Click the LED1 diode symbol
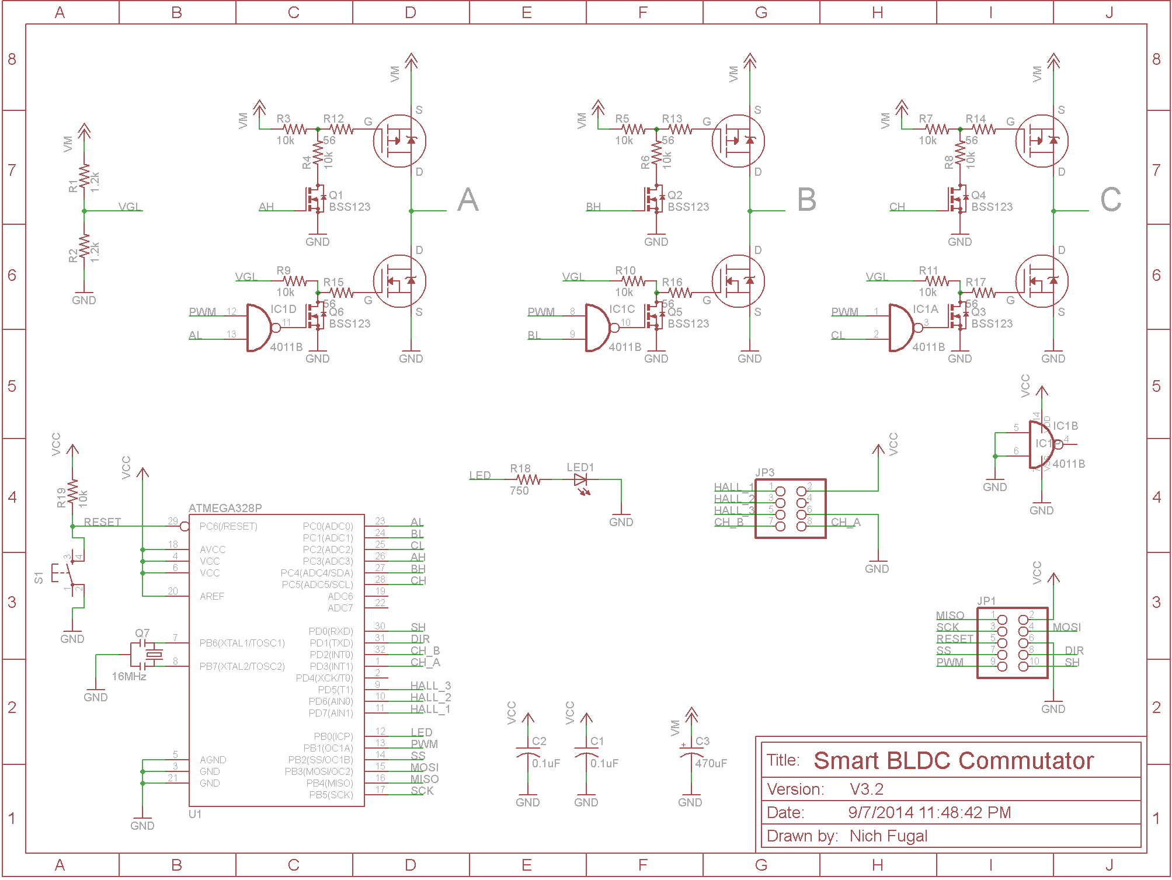[580, 480]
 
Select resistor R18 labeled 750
[528, 480]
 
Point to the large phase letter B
[806, 200]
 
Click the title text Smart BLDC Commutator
[953, 761]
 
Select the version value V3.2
[867, 789]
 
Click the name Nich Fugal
[888, 836]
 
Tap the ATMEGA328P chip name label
[225, 508]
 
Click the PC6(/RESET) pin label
[228, 526]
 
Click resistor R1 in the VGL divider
[84, 177]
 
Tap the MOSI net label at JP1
[1066, 627]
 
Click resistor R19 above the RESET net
[72, 492]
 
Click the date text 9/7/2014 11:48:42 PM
[929, 813]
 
